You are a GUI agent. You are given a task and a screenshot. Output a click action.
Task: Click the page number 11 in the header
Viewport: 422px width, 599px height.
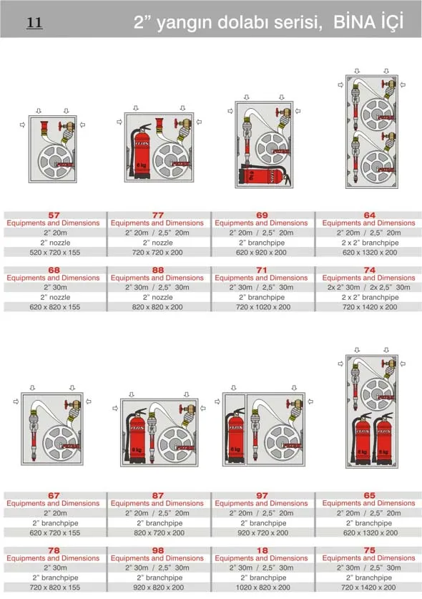34,23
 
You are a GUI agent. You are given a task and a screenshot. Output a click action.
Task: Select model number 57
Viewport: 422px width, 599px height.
54,215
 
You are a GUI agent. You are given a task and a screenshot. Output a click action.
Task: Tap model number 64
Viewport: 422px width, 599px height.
369,215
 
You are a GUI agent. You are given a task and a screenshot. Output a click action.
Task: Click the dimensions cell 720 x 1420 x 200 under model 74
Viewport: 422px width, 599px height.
369,307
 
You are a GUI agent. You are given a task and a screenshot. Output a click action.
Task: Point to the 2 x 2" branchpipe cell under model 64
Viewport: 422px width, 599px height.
369,243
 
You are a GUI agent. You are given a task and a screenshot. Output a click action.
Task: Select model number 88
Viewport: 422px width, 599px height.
158,270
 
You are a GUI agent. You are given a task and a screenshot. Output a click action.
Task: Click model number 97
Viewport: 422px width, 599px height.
262,495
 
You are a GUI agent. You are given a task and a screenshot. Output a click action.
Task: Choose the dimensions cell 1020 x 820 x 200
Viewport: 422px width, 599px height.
262,588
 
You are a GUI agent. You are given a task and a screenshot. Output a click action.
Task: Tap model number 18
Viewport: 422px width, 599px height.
262,550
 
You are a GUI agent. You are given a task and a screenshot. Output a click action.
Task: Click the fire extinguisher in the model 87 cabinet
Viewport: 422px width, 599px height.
137,437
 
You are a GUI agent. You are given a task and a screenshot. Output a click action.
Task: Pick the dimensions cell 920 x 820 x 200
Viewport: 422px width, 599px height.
158,588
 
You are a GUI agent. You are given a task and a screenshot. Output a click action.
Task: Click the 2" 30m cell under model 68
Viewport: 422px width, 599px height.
54,288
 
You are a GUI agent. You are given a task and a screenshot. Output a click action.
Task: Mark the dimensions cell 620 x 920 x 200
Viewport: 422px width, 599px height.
262,252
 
